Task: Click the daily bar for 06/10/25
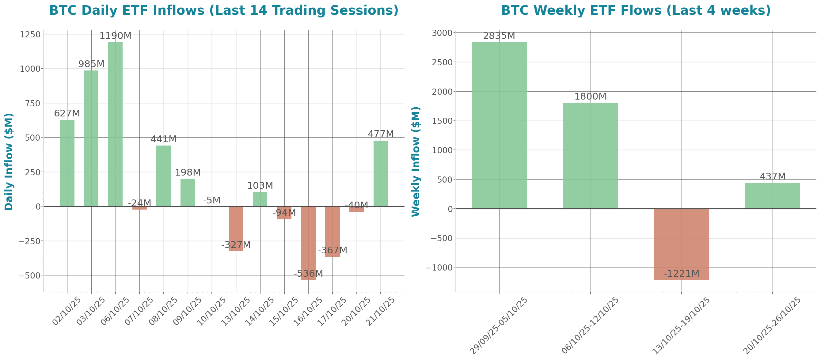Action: click(115, 124)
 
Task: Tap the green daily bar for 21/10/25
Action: click(381, 173)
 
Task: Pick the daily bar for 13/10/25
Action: click(236, 229)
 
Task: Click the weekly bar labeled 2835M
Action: click(499, 126)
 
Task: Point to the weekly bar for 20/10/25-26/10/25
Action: click(773, 195)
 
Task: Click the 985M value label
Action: click(91, 64)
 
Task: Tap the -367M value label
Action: click(333, 250)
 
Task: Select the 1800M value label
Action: click(590, 96)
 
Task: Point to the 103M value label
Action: click(260, 185)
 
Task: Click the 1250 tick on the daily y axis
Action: click(30, 34)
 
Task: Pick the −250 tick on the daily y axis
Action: click(29, 241)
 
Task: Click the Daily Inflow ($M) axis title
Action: click(9, 162)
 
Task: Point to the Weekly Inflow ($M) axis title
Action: click(416, 162)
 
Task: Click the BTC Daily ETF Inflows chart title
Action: click(224, 10)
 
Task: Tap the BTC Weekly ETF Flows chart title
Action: click(636, 10)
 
